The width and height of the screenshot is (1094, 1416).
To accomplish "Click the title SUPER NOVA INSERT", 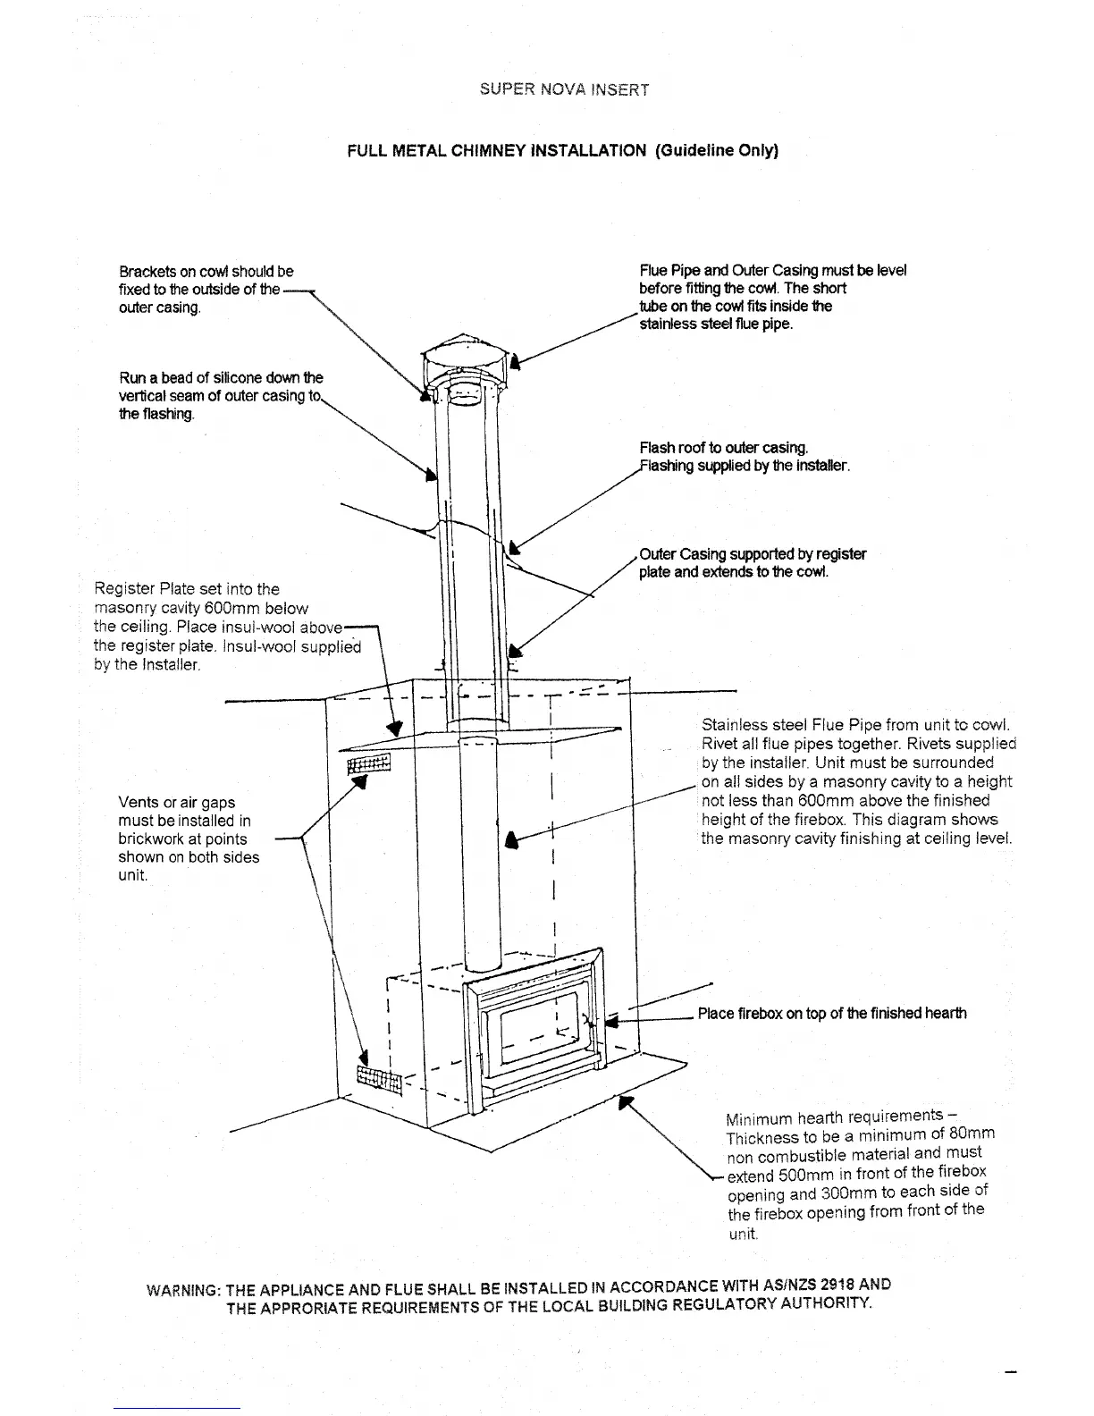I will [563, 89].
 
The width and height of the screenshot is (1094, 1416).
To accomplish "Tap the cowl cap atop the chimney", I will [465, 357].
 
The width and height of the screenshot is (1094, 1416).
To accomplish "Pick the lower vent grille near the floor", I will [380, 1080].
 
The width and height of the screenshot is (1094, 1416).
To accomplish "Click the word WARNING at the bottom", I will [182, 1292].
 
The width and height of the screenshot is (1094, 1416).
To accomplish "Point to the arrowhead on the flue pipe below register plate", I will [512, 839].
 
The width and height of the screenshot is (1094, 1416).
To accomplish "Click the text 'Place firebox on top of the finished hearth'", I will [831, 1013].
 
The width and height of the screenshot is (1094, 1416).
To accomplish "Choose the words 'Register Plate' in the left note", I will [141, 589].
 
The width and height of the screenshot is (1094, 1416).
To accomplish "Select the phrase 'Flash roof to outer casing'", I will [723, 448].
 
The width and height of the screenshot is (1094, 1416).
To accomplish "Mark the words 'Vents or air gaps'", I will [176, 803].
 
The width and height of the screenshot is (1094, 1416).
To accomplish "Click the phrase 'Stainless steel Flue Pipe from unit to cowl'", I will [855, 724].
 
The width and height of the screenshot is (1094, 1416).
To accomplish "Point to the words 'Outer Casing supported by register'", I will [753, 554].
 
